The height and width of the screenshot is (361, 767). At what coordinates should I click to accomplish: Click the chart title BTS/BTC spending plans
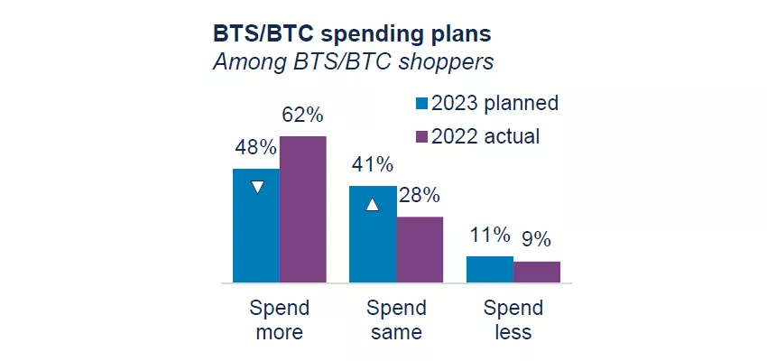(x=352, y=33)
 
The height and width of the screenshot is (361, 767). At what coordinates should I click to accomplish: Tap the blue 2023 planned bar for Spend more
(x=256, y=226)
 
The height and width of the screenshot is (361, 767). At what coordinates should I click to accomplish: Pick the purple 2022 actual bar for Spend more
(x=302, y=209)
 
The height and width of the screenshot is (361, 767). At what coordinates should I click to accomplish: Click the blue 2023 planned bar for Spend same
(x=373, y=235)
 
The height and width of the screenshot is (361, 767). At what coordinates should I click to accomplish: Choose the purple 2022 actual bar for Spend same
(x=420, y=250)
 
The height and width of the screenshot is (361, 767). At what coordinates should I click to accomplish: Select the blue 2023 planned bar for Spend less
(x=490, y=270)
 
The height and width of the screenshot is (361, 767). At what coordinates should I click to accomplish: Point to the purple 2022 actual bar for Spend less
(x=537, y=273)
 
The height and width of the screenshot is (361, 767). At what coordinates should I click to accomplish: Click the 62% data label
(x=301, y=116)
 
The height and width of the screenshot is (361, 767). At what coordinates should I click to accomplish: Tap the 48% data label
(x=254, y=148)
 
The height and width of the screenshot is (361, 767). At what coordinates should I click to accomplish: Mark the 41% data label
(x=372, y=165)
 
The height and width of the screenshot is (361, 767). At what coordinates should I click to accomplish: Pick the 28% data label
(x=419, y=196)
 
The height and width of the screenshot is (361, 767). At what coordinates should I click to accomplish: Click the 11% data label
(x=489, y=236)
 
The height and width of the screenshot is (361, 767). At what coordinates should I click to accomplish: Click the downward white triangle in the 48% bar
(x=257, y=188)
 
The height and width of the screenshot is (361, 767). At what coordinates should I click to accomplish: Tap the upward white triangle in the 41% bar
(x=372, y=205)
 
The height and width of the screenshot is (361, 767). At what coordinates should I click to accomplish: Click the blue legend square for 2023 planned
(x=420, y=104)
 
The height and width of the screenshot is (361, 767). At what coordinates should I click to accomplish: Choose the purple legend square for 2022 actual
(x=420, y=137)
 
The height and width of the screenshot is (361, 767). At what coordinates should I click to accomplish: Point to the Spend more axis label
(x=279, y=319)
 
